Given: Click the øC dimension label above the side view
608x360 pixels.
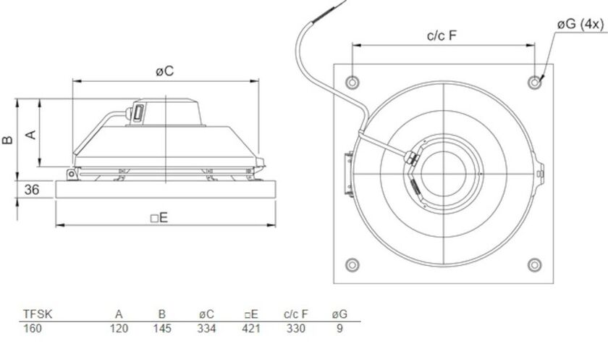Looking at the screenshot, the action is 165,72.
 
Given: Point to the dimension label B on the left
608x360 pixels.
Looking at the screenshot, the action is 8,140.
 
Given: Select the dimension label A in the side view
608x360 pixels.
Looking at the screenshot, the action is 31,135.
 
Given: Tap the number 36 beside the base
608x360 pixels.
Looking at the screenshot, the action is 32,190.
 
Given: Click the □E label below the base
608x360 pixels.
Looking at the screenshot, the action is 159,218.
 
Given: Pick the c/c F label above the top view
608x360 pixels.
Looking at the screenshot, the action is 442,35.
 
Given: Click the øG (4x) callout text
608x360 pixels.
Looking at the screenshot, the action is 580,25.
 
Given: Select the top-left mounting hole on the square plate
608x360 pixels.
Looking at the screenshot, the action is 352,83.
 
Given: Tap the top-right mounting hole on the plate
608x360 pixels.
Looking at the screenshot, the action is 535,83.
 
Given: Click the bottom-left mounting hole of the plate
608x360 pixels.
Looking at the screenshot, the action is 352,265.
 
